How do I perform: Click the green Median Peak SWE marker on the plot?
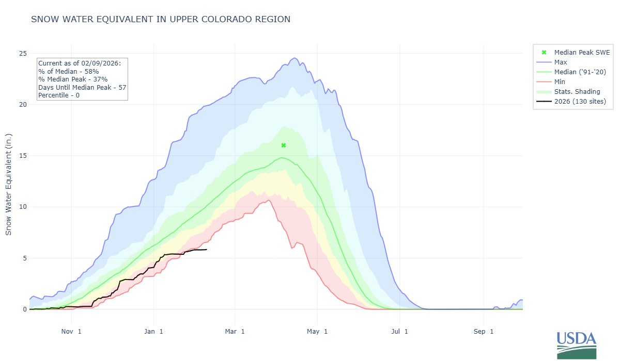click(x=283, y=145)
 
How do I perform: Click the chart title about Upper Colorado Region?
click(x=161, y=20)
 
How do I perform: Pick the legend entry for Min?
click(x=560, y=81)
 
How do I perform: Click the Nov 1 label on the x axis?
click(x=71, y=332)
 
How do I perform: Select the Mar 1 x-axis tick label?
click(x=235, y=332)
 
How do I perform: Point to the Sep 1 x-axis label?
click(x=484, y=332)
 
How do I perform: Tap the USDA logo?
click(x=576, y=344)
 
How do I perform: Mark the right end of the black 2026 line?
click(x=207, y=250)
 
